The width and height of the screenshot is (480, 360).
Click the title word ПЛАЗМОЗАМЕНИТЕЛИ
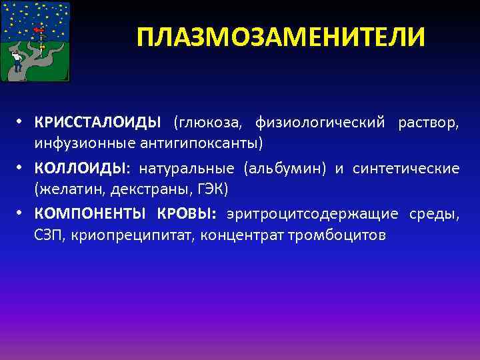[x=280, y=37]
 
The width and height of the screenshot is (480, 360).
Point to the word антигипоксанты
[x=212, y=143]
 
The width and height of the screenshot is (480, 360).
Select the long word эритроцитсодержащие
[x=312, y=215]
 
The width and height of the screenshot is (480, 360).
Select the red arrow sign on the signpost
[x=39, y=31]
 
